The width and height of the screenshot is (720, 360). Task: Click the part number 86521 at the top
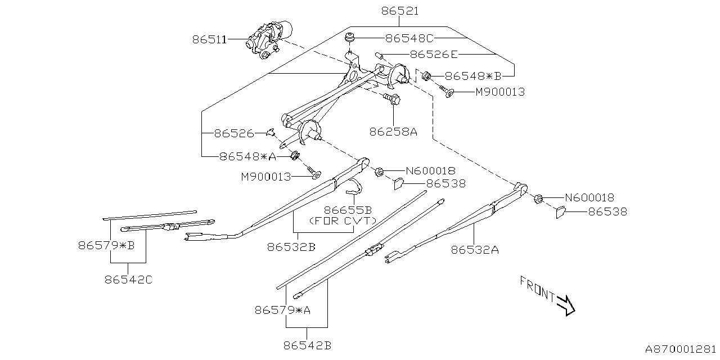click(399, 11)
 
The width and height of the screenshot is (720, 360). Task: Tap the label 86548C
click(409, 39)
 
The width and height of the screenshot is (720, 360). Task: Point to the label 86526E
click(434, 55)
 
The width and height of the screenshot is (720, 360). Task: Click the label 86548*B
click(472, 76)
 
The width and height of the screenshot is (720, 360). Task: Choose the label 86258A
click(393, 132)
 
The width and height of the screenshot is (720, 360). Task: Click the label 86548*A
click(248, 156)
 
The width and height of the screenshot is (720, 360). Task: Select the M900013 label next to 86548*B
click(499, 92)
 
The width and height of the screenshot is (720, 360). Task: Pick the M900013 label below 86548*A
click(266, 177)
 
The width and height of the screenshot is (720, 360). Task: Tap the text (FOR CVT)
click(343, 220)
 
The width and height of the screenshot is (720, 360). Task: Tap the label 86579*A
click(282, 309)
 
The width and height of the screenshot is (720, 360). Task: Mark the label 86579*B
click(106, 245)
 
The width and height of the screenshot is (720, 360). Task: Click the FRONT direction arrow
click(565, 304)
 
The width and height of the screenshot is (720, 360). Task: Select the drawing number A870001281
click(681, 349)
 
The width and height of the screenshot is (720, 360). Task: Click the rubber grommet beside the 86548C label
click(350, 39)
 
